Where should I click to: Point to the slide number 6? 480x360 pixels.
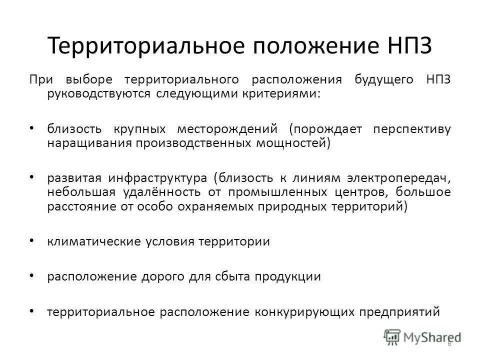[449, 343]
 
